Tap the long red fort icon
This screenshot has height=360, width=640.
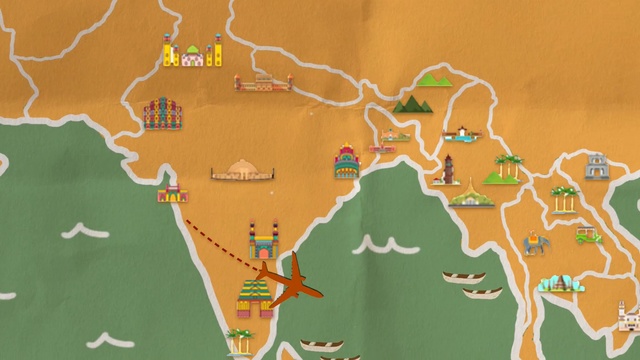(263, 82)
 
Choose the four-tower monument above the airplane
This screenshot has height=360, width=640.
(263, 241)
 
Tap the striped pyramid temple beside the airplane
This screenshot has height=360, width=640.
(254, 297)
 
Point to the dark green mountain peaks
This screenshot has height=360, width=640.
(412, 103)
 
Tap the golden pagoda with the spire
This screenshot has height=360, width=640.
(470, 194)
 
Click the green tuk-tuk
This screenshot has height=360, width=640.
(587, 236)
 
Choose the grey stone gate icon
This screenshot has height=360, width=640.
(597, 166)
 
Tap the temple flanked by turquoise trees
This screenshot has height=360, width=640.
(558, 284)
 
